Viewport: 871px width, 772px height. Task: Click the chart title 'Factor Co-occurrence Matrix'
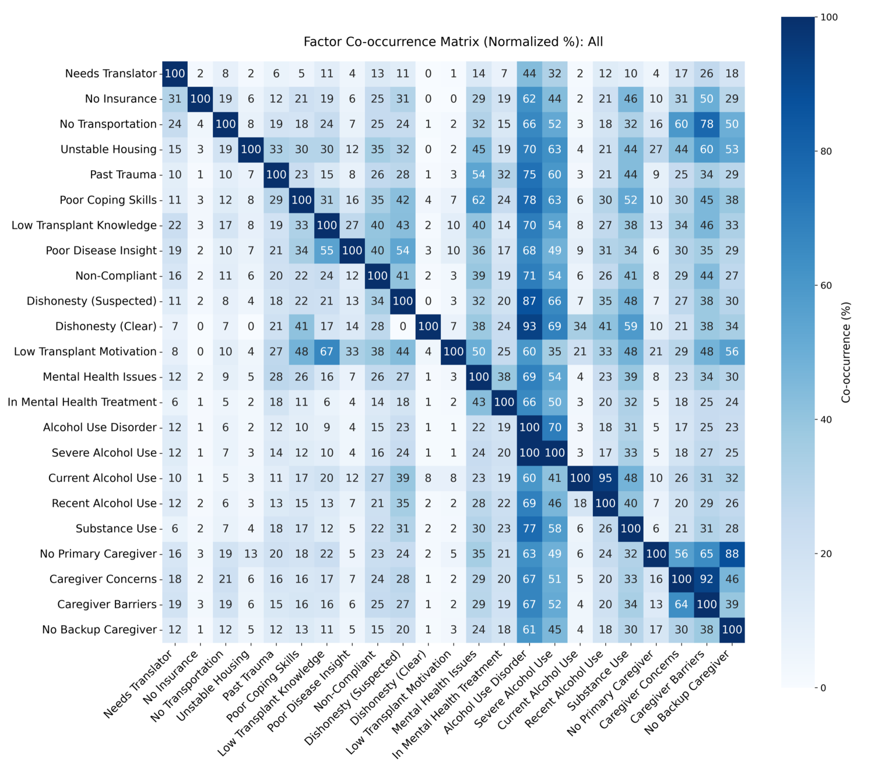[x=453, y=42]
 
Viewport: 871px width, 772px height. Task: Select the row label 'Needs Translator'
[x=111, y=73]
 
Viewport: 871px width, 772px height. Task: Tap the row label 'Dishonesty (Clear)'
[x=106, y=326]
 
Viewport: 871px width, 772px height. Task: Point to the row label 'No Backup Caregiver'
[x=99, y=630]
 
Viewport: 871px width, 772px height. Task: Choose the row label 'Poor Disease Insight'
[x=101, y=251]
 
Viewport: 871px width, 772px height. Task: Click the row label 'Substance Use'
[x=116, y=528]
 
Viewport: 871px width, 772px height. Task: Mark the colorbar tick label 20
[x=827, y=554]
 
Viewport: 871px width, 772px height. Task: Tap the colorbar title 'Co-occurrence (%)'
[x=847, y=352]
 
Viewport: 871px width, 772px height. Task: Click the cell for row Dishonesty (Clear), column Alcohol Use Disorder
[x=529, y=326]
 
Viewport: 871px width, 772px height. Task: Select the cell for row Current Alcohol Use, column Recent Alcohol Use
[x=605, y=478]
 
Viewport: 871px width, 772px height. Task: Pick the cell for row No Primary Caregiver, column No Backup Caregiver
[x=732, y=554]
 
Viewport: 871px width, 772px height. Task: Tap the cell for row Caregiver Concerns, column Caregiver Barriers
[x=707, y=579]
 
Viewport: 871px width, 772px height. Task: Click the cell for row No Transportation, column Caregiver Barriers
[x=707, y=124]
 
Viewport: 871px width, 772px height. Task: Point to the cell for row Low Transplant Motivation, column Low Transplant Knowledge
[x=327, y=351]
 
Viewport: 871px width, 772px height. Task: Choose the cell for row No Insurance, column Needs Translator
[x=175, y=99]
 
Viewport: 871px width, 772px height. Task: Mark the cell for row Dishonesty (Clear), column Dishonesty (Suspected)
[x=403, y=326]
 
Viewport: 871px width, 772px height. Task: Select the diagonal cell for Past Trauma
[x=276, y=175]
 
